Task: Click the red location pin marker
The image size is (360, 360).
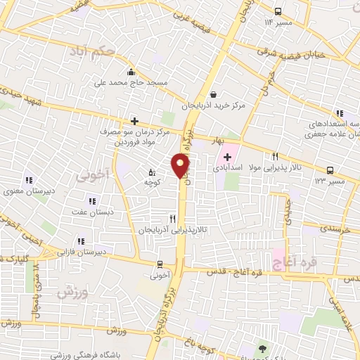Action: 181,166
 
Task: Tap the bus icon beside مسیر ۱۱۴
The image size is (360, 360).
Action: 278,11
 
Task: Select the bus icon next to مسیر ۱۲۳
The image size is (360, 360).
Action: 330,169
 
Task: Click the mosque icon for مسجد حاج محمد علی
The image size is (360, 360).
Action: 131,72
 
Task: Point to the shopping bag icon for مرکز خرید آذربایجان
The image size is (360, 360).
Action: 213,94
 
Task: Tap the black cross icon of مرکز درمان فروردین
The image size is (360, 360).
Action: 134,121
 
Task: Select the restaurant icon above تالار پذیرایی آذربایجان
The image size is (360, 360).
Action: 172,219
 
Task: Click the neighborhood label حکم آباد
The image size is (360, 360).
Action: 99,50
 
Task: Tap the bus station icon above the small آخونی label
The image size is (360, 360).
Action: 160,264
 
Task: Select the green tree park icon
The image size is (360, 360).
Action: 263,348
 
